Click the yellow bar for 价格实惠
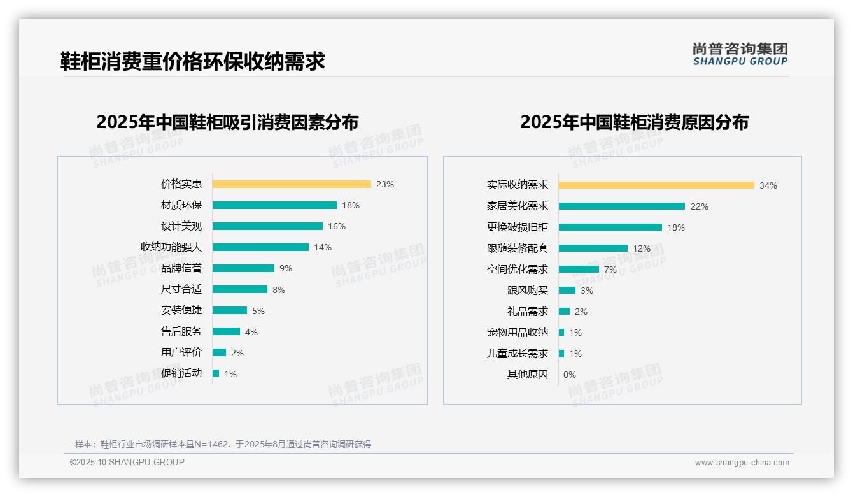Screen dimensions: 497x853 click(292, 184)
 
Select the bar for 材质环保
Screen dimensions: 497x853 click(274, 205)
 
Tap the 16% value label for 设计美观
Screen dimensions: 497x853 click(337, 226)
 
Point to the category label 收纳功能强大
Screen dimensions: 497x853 click(171, 247)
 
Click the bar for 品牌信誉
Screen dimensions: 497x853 click(243, 268)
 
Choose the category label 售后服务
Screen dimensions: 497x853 click(181, 331)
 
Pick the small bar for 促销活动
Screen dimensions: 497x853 click(216, 373)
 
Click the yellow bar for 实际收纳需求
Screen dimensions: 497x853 click(656, 185)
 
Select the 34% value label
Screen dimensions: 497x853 click(768, 185)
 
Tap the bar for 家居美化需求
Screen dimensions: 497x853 click(622, 206)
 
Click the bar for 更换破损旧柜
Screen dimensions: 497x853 click(610, 227)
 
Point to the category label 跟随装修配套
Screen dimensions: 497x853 click(517, 248)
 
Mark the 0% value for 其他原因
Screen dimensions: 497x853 click(569, 375)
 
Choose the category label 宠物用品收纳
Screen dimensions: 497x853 click(517, 333)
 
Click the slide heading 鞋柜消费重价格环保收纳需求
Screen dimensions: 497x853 click(193, 61)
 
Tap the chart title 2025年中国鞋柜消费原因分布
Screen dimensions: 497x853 click(634, 122)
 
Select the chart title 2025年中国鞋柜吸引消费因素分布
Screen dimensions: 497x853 click(227, 122)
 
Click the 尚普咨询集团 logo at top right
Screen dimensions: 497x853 click(740, 54)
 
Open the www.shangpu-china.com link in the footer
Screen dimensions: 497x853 click(742, 463)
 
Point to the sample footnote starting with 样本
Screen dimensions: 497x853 click(223, 444)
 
